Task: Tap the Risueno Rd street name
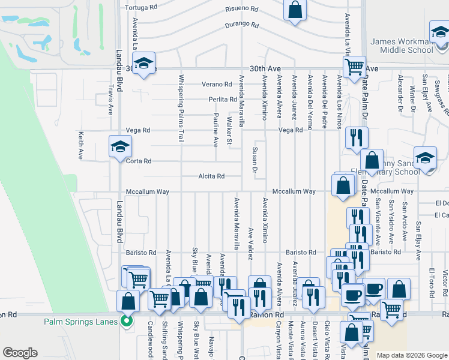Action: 242,9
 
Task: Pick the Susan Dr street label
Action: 255,161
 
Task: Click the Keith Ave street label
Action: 80,145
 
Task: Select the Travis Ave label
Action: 110,99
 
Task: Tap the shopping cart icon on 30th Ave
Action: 354,66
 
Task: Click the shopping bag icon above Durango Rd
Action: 295,10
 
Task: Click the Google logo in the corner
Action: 20,353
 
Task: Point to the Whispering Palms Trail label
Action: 181,108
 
